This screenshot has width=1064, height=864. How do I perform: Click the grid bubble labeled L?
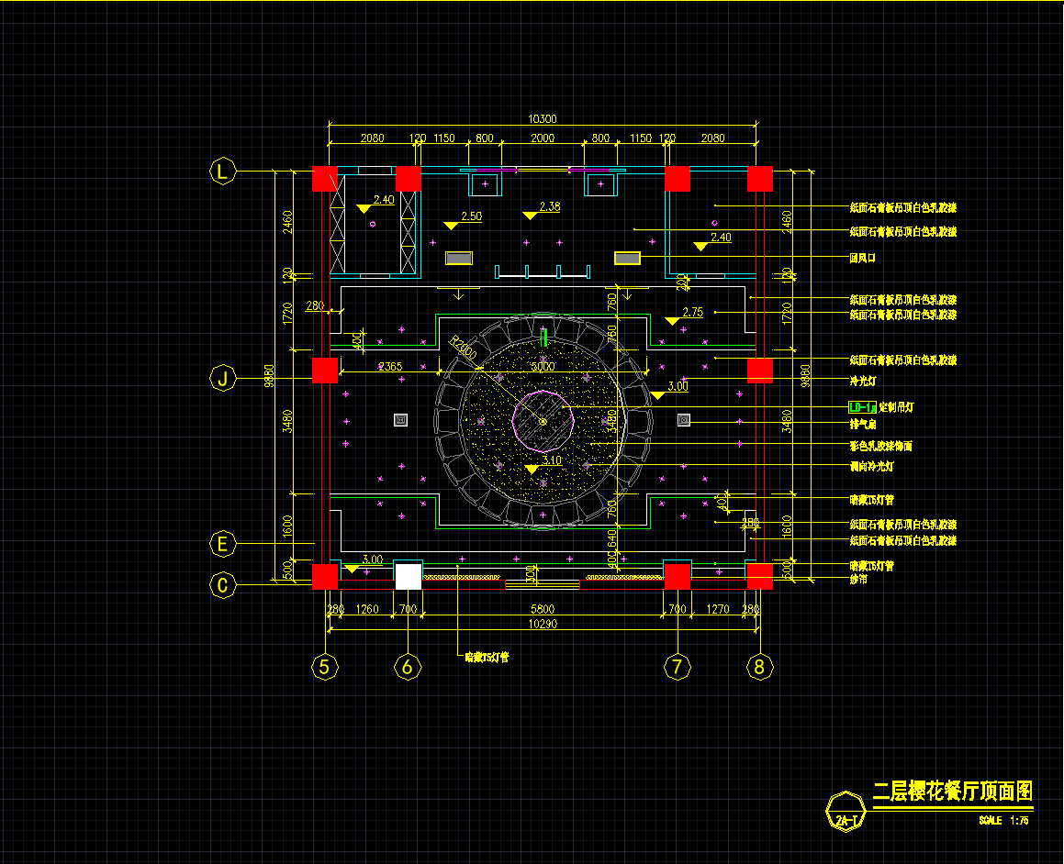223,171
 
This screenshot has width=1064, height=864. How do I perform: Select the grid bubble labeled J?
223,378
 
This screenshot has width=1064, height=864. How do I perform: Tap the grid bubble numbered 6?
408,667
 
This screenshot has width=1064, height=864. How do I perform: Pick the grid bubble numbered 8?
758,667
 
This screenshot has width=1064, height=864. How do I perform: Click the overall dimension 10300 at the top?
543,119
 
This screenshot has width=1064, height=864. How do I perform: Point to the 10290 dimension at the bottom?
542,624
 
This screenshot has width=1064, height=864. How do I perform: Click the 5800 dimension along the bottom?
542,608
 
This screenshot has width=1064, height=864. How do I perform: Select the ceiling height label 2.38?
550,207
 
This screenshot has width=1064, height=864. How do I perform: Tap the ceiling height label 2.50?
471,216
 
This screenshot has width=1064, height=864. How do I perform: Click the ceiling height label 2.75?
693,313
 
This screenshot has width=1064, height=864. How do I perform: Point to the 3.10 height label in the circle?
552,460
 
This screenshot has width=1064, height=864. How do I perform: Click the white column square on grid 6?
409,576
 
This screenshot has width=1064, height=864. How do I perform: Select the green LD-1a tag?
862,406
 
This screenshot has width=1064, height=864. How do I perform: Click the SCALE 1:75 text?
1002,820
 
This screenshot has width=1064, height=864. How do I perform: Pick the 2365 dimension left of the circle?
390,367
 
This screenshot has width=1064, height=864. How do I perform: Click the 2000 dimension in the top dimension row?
543,138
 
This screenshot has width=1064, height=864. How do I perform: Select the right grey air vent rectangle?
627,259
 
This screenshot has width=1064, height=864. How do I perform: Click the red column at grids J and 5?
325,371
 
